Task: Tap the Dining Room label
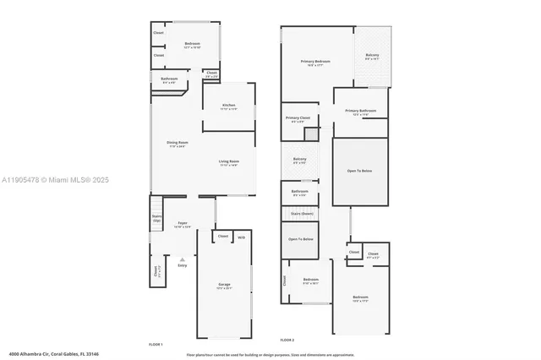tap(177, 143)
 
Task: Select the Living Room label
tap(229, 161)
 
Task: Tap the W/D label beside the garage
tap(241, 237)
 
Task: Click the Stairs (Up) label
tap(156, 218)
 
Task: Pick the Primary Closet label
tap(297, 118)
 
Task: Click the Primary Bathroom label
tap(360, 112)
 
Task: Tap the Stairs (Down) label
tap(302, 215)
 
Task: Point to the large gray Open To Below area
tap(360, 172)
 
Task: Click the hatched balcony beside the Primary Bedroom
tap(372, 57)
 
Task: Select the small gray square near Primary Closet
tap(311, 134)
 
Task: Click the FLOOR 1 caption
tap(156, 344)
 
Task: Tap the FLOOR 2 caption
tap(287, 340)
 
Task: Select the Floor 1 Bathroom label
tap(168, 80)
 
